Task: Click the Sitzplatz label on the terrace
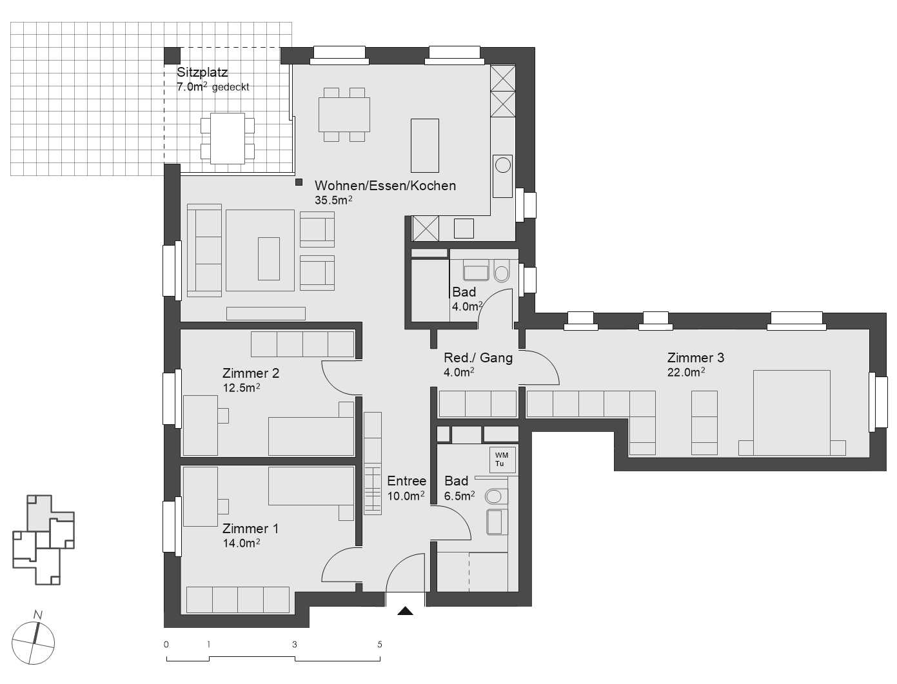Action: click(x=202, y=73)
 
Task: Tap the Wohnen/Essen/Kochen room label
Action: click(x=385, y=186)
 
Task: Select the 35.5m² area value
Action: click(x=333, y=200)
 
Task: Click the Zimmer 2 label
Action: click(x=250, y=373)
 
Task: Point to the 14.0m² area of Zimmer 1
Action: click(x=241, y=543)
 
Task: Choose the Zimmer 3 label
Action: click(x=695, y=358)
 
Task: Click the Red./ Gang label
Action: click(x=478, y=358)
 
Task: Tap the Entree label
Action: click(x=406, y=481)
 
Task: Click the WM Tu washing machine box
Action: click(x=501, y=460)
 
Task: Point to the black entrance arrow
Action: click(x=405, y=611)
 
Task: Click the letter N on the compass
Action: click(x=38, y=615)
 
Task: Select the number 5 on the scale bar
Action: click(x=380, y=645)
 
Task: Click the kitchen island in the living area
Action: click(x=425, y=145)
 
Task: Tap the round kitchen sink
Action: click(x=502, y=165)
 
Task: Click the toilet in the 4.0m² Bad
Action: click(x=502, y=271)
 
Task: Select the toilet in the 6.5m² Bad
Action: click(x=494, y=496)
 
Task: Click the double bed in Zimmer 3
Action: click(x=791, y=412)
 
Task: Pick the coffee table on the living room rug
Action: click(x=269, y=258)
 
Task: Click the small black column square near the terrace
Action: click(x=299, y=182)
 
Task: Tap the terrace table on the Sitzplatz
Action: click(x=227, y=139)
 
